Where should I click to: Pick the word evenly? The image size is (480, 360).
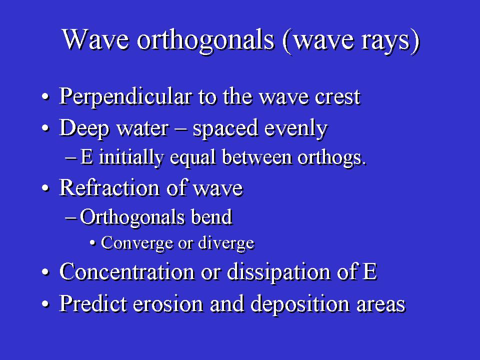click(x=296, y=129)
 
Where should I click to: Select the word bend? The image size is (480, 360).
click(x=212, y=217)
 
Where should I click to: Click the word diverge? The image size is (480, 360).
click(x=226, y=243)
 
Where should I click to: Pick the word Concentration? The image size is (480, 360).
click(x=127, y=271)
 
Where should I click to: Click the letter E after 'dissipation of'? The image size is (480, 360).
click(x=370, y=271)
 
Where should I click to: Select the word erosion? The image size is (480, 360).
click(x=168, y=304)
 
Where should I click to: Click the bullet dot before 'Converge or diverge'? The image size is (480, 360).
click(x=93, y=243)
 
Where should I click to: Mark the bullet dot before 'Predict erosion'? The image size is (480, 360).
click(x=45, y=304)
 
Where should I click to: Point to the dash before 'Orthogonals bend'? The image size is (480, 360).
click(x=70, y=218)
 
